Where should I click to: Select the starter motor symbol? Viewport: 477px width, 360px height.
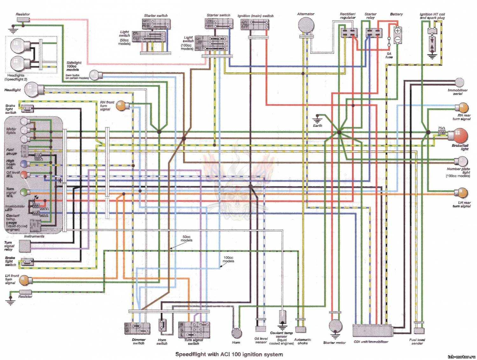pyautogui.click(x=335, y=326)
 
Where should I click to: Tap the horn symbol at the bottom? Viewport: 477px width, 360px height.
pyautogui.click(x=236, y=333)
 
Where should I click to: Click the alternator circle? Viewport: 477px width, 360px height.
pyautogui.click(x=306, y=25)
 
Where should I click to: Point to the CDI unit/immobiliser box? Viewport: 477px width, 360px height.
pyautogui.click(x=373, y=331)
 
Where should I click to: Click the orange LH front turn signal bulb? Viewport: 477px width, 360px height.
pyautogui.click(x=24, y=280)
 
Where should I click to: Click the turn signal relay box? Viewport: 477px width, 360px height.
pyautogui.click(x=25, y=246)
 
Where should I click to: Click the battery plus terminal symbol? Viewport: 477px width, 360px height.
pyautogui.click(x=398, y=31)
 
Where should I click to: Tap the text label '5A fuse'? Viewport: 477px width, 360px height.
pyautogui.click(x=389, y=55)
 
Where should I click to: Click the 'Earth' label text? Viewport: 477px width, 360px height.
pyautogui.click(x=317, y=126)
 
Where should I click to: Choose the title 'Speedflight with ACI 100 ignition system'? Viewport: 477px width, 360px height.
pyautogui.click(x=229, y=354)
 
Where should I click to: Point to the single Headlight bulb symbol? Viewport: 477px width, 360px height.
pyautogui.click(x=31, y=89)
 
